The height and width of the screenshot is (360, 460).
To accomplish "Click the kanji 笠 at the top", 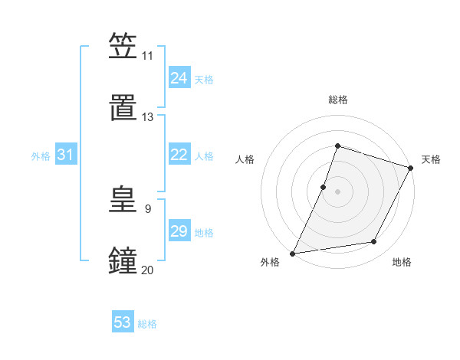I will [123, 46].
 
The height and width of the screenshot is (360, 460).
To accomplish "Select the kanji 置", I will [123, 107].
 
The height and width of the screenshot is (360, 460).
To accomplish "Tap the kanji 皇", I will [123, 199].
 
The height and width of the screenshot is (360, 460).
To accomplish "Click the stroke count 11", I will [147, 56].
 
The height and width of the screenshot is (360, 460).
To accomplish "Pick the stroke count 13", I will [148, 117].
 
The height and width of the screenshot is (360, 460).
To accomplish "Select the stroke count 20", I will [148, 270].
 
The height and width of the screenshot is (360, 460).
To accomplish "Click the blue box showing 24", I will [179, 78].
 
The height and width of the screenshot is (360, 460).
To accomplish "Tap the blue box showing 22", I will [179, 155].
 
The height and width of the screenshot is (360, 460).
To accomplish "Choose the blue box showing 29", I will [179, 231].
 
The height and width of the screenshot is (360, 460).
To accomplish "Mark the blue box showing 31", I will [66, 155].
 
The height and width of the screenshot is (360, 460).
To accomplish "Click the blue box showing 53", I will [123, 322].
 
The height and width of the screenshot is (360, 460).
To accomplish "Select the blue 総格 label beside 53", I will [147, 324].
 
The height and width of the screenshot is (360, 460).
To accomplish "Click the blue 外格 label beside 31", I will [41, 156].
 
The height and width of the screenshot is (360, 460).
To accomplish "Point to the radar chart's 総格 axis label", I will [337, 100].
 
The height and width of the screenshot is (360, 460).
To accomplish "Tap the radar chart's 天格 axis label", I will [431, 159].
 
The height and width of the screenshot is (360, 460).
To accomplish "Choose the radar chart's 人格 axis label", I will [245, 159].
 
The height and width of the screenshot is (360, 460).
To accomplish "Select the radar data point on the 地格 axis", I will [374, 242].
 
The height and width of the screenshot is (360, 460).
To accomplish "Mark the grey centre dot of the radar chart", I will [337, 191].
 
